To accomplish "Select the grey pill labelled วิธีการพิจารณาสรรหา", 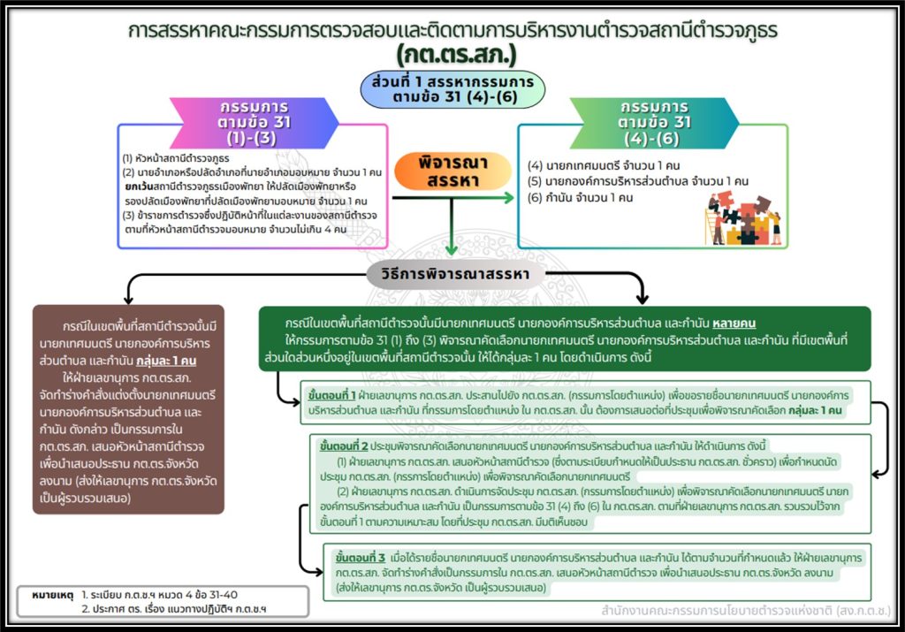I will (453, 274).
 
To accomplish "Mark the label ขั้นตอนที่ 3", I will (360, 559).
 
